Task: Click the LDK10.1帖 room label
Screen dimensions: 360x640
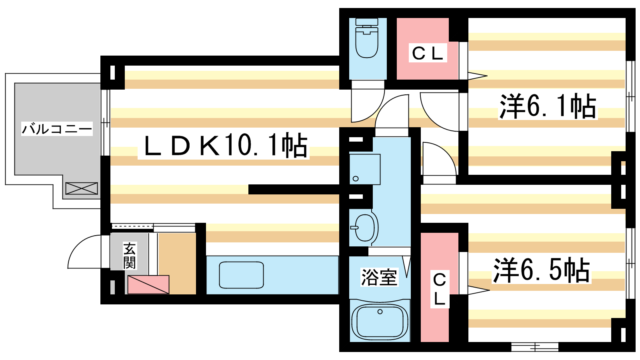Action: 224,146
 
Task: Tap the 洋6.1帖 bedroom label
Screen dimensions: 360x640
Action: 547,106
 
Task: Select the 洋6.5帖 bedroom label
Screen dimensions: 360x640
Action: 541,270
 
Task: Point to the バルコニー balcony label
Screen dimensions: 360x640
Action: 57,129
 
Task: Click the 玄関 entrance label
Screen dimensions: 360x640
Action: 129,256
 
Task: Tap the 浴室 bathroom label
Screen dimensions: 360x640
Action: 379,277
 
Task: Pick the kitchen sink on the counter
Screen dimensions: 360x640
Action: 241,275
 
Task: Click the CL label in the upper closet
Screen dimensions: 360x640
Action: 427,53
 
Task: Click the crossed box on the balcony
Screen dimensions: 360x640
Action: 82,188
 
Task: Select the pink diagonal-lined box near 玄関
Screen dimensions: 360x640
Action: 148,284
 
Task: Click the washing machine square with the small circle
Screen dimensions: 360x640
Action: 364,169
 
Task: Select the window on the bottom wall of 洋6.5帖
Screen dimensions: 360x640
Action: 534,346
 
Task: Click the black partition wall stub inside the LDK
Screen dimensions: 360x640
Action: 294,190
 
